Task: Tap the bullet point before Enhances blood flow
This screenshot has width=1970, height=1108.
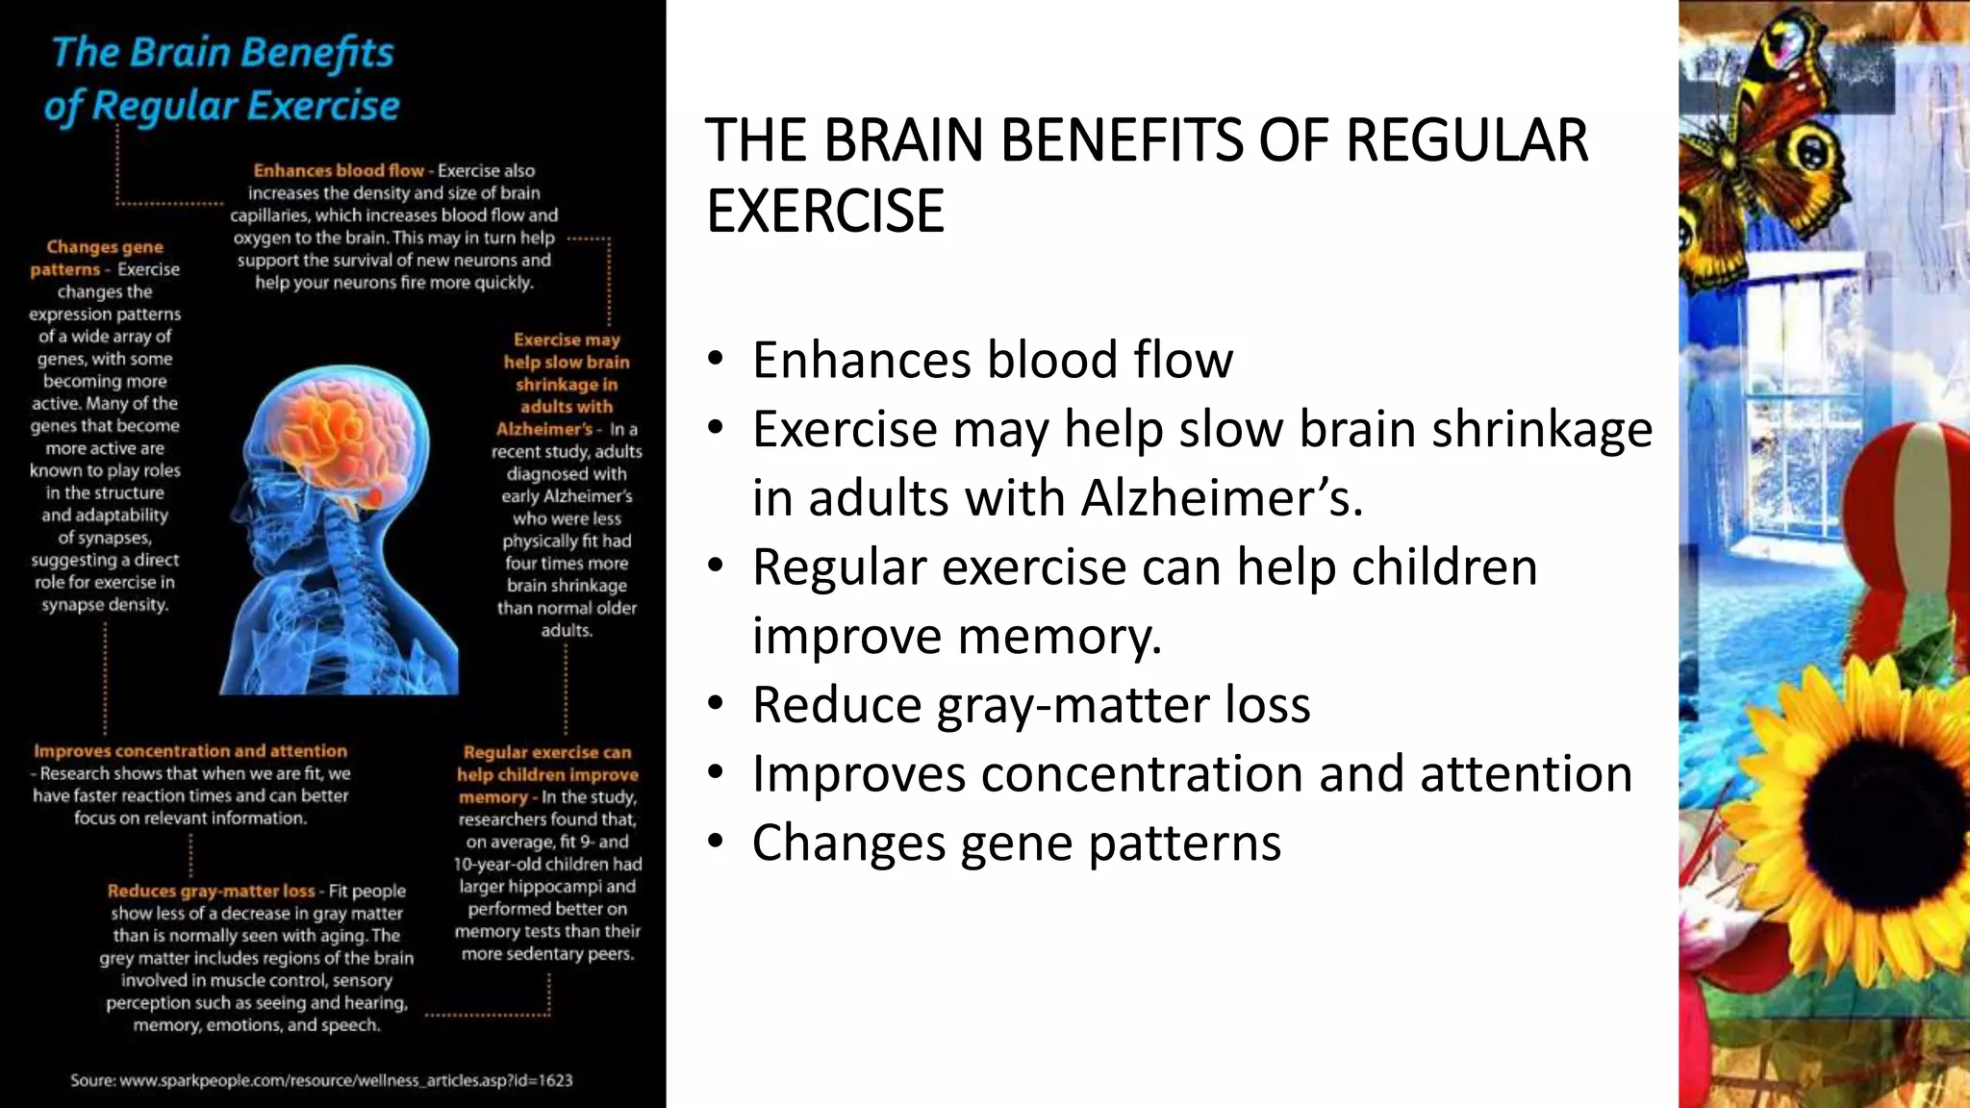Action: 715,360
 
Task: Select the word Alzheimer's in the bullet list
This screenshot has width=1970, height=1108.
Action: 1222,498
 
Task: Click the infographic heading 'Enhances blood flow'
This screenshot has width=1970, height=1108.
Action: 339,170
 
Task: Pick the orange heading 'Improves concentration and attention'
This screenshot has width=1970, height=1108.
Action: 190,751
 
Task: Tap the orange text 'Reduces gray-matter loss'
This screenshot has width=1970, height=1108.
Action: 212,891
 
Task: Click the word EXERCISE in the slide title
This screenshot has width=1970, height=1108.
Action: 825,212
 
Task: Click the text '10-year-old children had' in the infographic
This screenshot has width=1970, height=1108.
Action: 547,864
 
